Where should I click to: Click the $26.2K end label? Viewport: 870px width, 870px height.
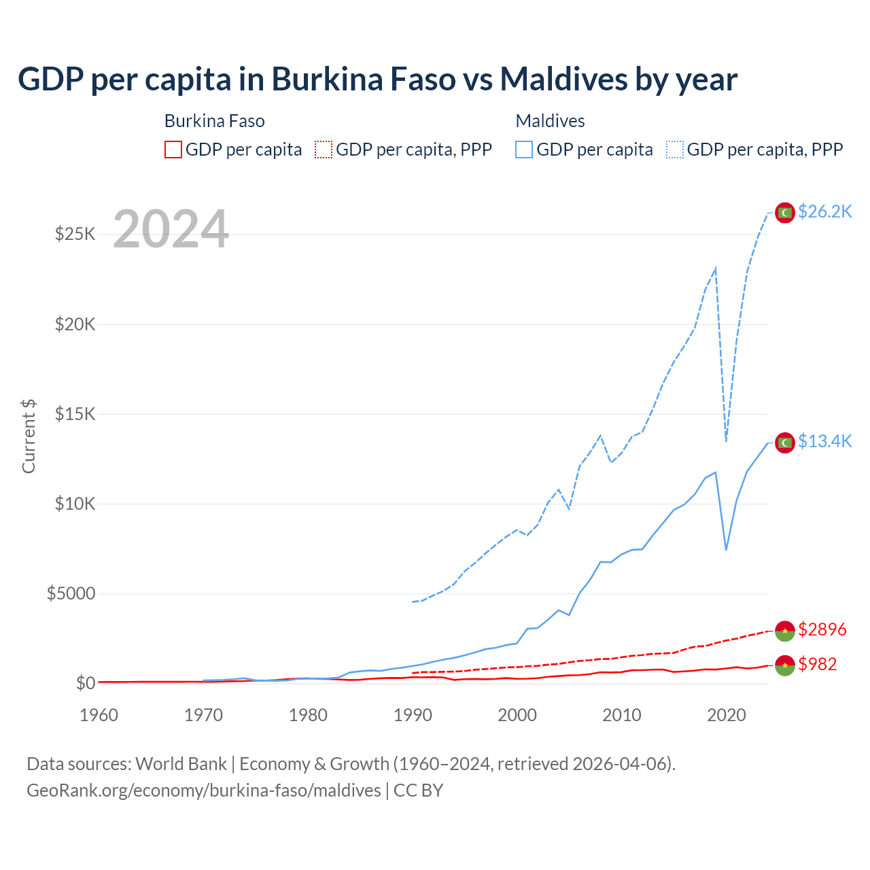point(824,212)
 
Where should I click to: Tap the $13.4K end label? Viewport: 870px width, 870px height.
point(824,442)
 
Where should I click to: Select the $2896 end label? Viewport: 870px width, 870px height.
point(822,629)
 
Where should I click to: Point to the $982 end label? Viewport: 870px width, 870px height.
point(818,664)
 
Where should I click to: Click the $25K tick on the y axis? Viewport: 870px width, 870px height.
point(75,234)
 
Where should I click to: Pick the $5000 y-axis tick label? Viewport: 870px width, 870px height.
point(71,594)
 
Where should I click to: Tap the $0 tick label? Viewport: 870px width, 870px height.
point(85,683)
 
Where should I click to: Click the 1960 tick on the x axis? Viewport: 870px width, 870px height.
point(99,715)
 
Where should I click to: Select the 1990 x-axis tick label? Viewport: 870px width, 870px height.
point(413,715)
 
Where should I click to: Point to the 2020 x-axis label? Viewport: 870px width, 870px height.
point(727,715)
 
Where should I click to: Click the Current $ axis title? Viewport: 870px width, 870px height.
point(29,436)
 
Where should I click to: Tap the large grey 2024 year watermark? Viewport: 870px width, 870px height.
point(171,229)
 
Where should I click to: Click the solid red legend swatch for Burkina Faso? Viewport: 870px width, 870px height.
point(173,150)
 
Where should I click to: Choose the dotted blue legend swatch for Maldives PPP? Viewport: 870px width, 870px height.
point(675,150)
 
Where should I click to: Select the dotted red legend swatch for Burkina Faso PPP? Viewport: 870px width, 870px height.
point(324,150)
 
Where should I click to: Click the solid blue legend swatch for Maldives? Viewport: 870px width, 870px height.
point(524,150)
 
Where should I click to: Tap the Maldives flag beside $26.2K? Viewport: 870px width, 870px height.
point(785,213)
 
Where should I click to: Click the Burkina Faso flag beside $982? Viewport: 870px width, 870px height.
point(785,665)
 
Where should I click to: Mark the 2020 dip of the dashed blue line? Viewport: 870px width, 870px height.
point(726,440)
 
